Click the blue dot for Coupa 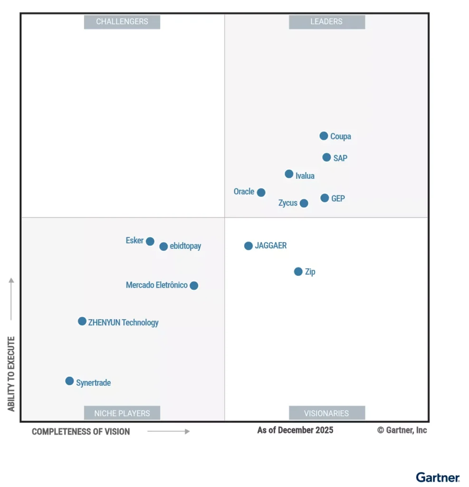pos(324,136)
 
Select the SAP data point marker pos(326,157)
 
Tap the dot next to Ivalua pos(289,174)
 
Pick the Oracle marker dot pos(261,193)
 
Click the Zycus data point pos(304,204)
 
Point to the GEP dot pos(325,198)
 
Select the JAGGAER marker pos(249,246)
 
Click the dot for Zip pos(298,272)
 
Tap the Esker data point pos(150,242)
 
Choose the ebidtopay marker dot pos(163,246)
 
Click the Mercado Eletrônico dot pos(194,286)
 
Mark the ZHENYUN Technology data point pos(82,321)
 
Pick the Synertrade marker pos(69,381)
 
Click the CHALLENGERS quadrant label pos(122,22)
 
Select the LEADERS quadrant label pos(326,22)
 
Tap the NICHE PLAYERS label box pos(122,413)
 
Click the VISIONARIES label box pos(326,413)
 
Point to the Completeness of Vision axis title pos(81,432)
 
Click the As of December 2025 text pos(295,430)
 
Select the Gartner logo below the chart pos(438,477)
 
